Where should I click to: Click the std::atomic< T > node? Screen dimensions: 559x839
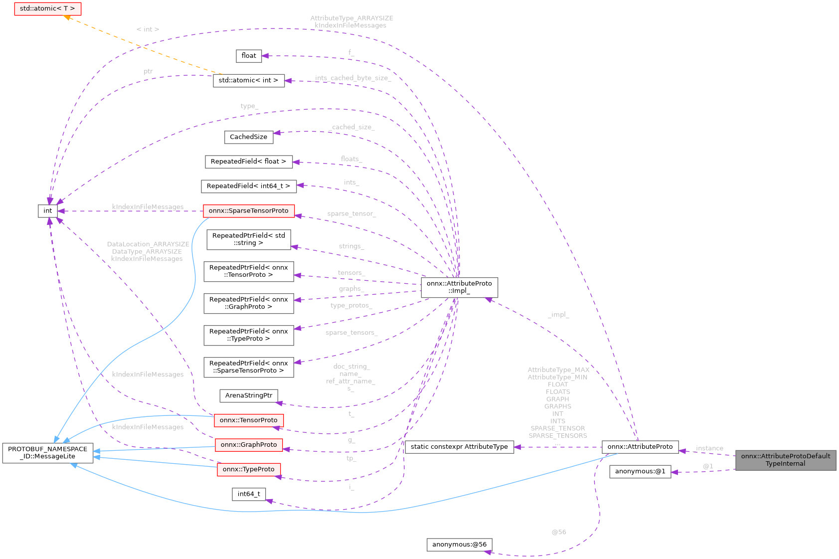(47, 9)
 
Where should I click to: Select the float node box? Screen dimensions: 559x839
(249, 56)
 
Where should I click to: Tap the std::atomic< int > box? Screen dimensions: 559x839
(248, 80)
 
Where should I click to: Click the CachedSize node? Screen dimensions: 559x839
(248, 137)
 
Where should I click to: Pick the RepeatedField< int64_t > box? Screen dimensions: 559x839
(248, 186)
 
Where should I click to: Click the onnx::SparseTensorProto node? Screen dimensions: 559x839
(248, 211)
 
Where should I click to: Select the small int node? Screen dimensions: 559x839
(48, 211)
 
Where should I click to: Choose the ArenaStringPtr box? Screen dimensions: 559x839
(248, 395)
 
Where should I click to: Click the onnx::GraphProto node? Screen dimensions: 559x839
(248, 445)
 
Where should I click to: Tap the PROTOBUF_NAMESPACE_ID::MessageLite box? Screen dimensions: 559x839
(48, 453)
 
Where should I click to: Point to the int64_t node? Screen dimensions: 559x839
(248, 494)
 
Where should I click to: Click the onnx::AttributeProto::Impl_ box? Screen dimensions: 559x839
(459, 287)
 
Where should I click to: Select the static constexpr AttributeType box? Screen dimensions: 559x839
(459, 447)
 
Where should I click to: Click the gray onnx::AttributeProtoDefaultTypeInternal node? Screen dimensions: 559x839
(785, 460)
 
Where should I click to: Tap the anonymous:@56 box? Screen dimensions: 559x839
(459, 545)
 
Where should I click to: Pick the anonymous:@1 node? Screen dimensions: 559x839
(640, 471)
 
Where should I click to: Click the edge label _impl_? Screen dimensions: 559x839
(558, 315)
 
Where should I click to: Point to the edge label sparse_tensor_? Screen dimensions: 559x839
(351, 214)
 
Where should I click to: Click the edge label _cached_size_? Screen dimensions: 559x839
(351, 127)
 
